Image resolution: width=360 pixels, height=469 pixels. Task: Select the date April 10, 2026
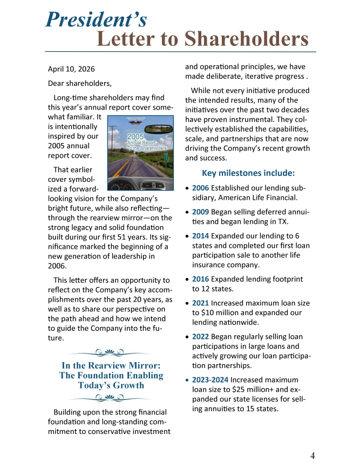click(x=71, y=69)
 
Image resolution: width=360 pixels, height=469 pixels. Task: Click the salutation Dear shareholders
click(x=80, y=83)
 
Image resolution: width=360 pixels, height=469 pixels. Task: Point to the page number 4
click(x=312, y=456)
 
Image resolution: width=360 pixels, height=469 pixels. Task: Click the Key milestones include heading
click(x=248, y=173)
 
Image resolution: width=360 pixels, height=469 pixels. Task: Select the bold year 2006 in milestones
click(x=201, y=188)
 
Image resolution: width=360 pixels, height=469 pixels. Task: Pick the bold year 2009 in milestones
click(x=201, y=212)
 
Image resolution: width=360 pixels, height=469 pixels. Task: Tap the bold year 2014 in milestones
click(x=201, y=236)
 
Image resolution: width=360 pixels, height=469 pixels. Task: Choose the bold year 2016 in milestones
click(x=201, y=279)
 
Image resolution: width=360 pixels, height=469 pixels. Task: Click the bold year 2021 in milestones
click(x=201, y=303)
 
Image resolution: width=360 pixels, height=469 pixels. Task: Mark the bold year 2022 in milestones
click(x=201, y=337)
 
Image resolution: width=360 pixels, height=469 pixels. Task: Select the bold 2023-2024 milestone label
click(x=210, y=380)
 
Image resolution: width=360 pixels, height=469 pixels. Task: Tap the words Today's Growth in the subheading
click(x=111, y=385)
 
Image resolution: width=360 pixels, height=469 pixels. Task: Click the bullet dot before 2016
click(x=187, y=280)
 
